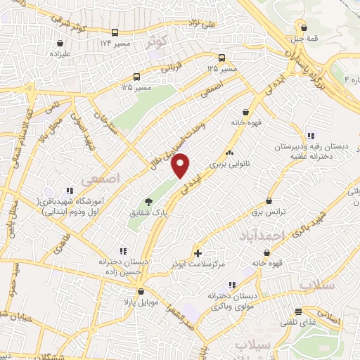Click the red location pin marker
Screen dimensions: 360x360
click(x=181, y=165)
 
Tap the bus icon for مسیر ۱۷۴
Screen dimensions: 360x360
click(x=115, y=32)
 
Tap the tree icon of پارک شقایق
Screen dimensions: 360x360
click(x=148, y=200)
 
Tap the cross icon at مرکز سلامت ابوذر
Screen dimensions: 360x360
click(x=198, y=252)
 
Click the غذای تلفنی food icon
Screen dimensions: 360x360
click(x=298, y=311)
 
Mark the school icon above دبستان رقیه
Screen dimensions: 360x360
click(x=310, y=136)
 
